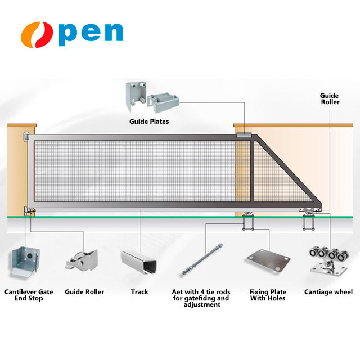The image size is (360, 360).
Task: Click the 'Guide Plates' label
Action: coord(149,121)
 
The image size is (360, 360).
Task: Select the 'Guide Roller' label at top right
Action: coord(330,99)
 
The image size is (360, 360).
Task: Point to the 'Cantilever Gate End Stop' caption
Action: coord(24,295)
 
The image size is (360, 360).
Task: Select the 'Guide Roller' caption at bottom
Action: coord(84,292)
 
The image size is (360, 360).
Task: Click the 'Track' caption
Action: coord(139,292)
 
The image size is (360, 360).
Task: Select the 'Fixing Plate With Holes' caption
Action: coord(268,295)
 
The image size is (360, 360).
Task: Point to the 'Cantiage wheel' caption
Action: coord(328,292)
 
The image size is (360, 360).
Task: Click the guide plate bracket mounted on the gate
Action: coord(244,136)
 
